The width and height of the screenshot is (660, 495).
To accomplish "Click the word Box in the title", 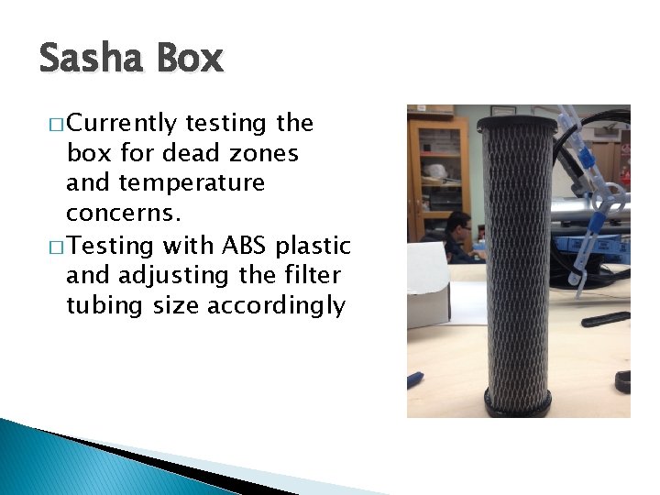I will [x=190, y=60].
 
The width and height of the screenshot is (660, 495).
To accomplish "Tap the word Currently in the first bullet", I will [x=121, y=123].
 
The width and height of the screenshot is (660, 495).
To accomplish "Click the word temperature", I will [x=165, y=183].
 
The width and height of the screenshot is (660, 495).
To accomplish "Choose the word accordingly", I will [x=277, y=305].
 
